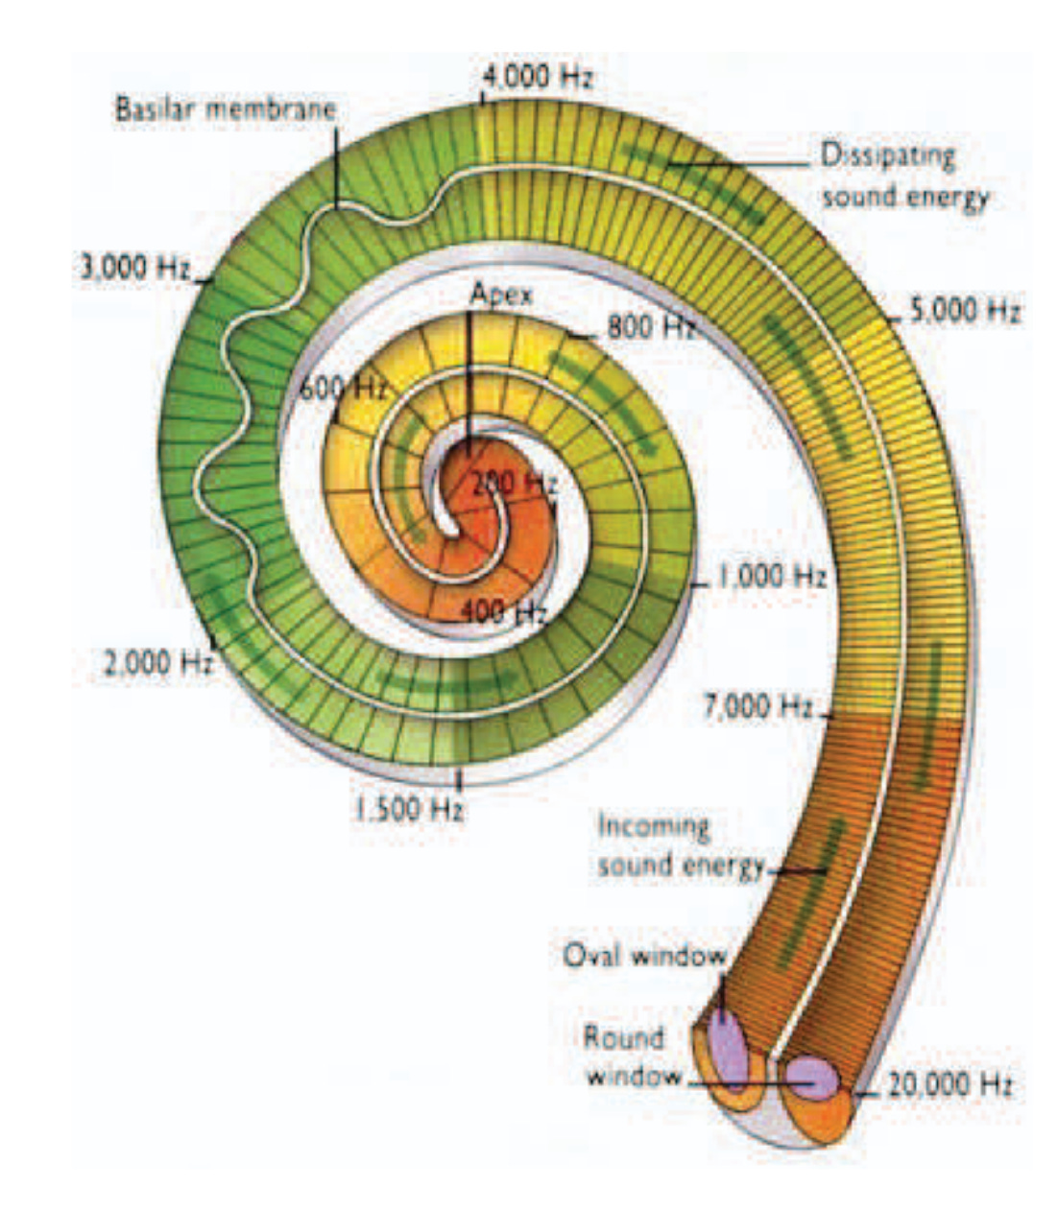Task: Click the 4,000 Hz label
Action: [538, 77]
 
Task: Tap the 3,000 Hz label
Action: [135, 267]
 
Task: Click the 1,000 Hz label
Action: [772, 576]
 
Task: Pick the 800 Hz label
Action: [651, 327]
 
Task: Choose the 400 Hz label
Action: [503, 611]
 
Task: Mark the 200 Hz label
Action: [514, 483]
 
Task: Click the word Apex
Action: [500, 294]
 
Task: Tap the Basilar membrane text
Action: [227, 108]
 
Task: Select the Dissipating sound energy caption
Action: [903, 176]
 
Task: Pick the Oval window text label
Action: [644, 956]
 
